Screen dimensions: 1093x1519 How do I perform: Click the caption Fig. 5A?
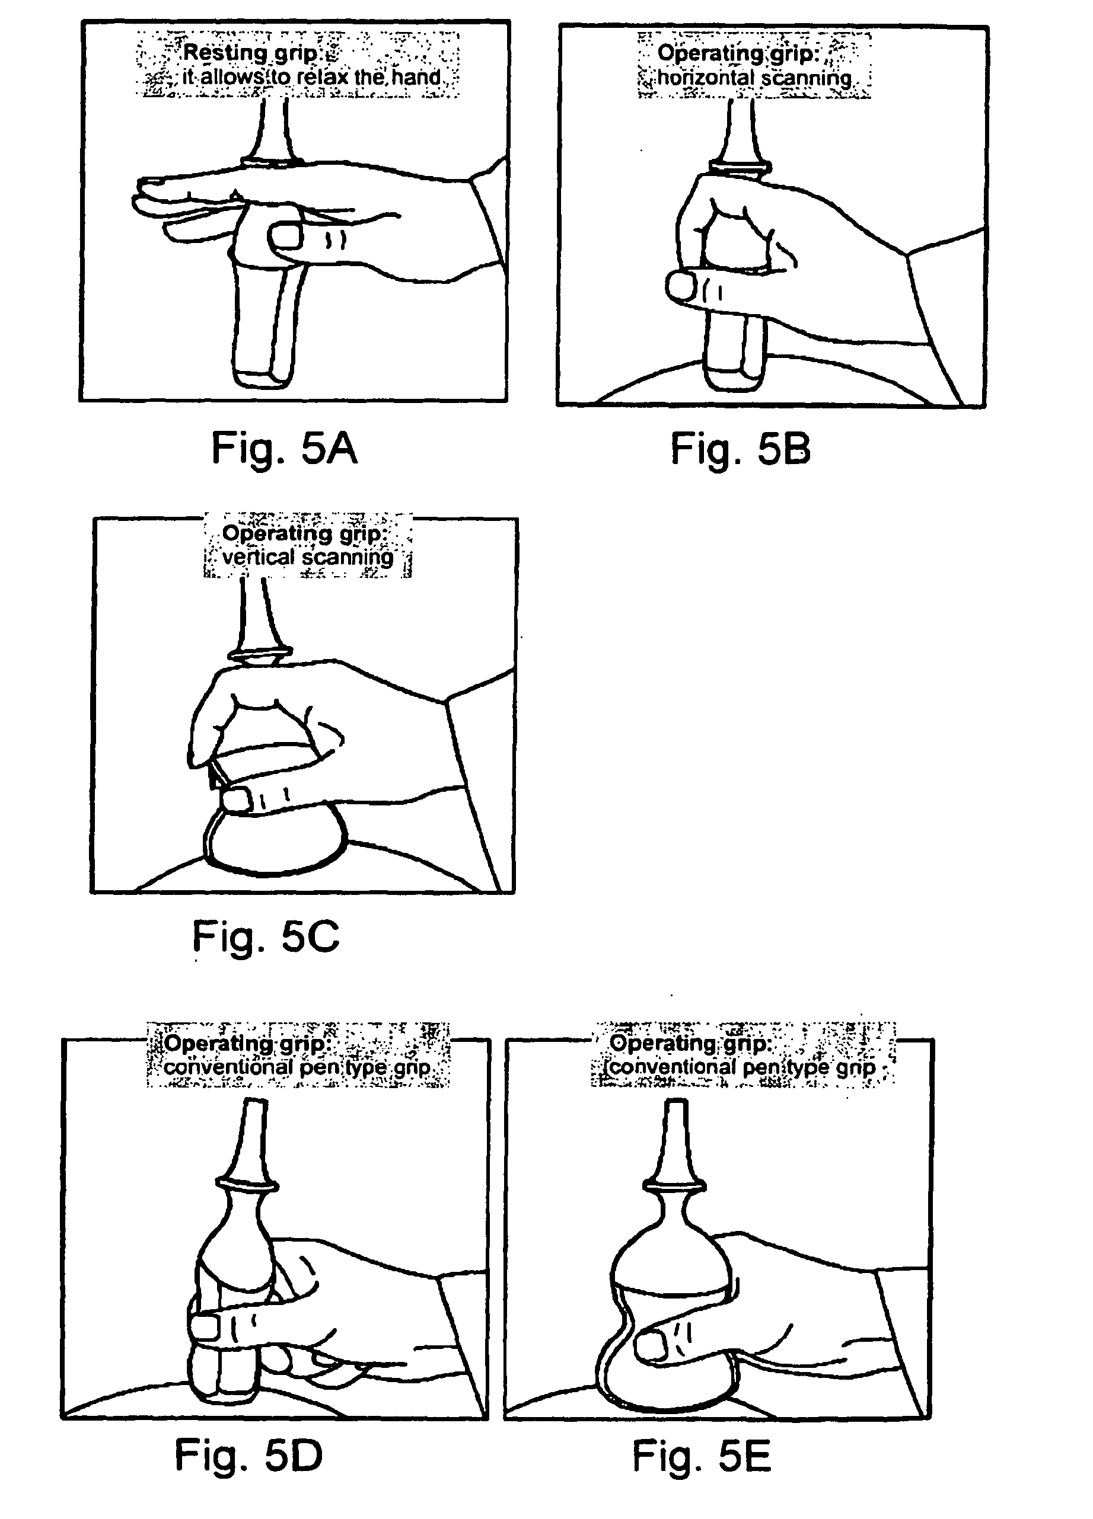pos(284,449)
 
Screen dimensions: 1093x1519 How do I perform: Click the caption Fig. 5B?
pos(741,449)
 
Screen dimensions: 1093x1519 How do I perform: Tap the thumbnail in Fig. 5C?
pos(235,800)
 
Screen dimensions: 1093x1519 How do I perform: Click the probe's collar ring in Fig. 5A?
pos(272,161)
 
